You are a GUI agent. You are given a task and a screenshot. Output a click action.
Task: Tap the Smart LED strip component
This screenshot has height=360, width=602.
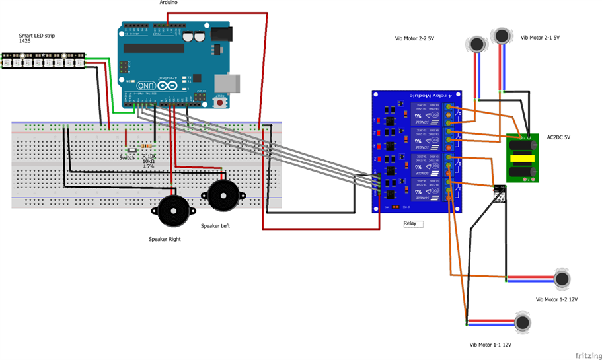pos(43,61)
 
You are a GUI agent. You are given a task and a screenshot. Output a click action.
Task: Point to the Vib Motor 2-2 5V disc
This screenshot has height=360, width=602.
pos(476,44)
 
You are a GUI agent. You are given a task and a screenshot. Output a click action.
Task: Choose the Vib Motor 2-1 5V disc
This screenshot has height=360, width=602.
pos(502,35)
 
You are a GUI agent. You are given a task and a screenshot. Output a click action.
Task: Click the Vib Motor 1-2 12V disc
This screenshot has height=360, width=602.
pos(562,279)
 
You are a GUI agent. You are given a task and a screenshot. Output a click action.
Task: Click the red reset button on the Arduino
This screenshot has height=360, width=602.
pos(219,103)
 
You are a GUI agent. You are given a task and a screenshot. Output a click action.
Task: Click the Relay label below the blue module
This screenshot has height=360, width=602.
pos(410,223)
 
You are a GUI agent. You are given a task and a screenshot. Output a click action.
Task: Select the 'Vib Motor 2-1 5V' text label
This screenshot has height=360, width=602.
pos(540,38)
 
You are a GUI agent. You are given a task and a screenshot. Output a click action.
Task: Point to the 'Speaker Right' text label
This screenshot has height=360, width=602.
pos(165,239)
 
